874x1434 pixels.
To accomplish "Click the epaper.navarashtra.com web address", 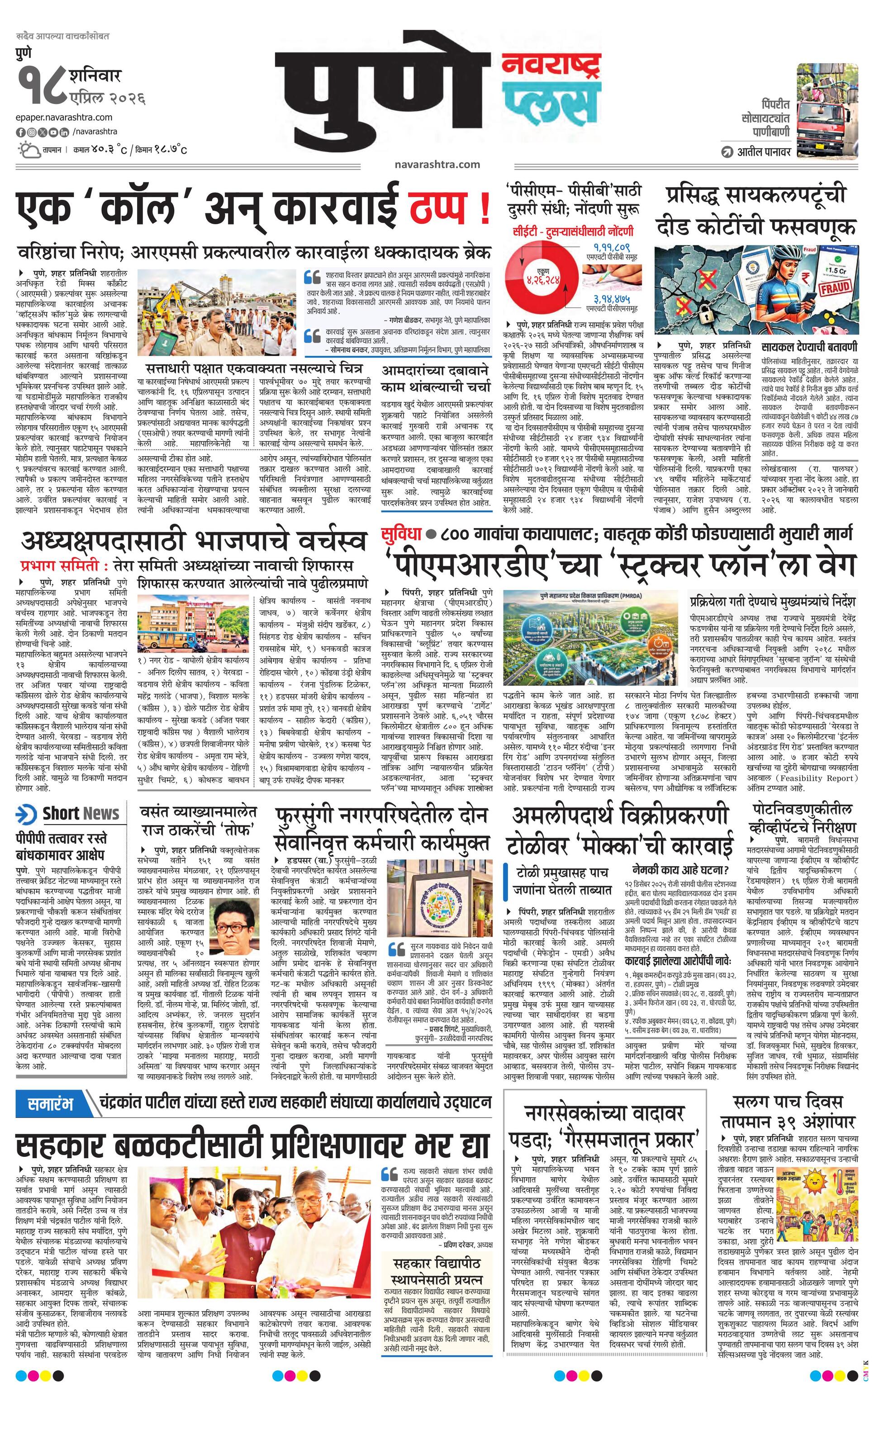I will tap(65, 118).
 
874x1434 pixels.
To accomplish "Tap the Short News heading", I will tap(81, 814).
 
